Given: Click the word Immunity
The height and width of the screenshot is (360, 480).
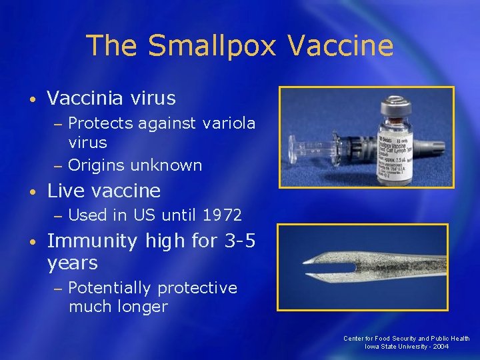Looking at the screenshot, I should click(92, 241).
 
